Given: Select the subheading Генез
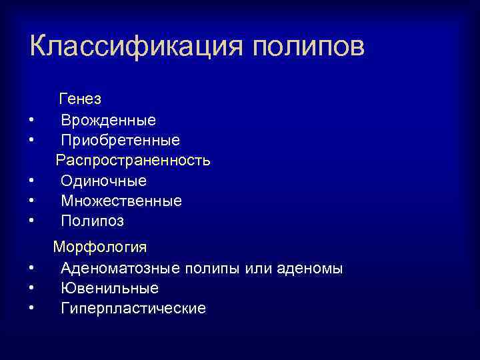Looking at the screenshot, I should click(x=80, y=99).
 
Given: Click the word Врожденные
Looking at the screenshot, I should click(x=108, y=121).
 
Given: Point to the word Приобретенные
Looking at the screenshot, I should click(x=120, y=141).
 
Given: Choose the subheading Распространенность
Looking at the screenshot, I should click(x=133, y=161).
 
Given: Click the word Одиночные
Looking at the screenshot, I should click(x=103, y=181).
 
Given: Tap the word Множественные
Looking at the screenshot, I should click(x=121, y=201).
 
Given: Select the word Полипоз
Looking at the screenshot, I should click(x=92, y=221).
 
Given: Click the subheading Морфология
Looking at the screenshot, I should click(x=100, y=247).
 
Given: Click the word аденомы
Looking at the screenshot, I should click(x=311, y=269).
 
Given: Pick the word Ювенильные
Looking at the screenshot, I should click(x=109, y=289).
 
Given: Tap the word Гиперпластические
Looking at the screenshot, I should click(x=133, y=309).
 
